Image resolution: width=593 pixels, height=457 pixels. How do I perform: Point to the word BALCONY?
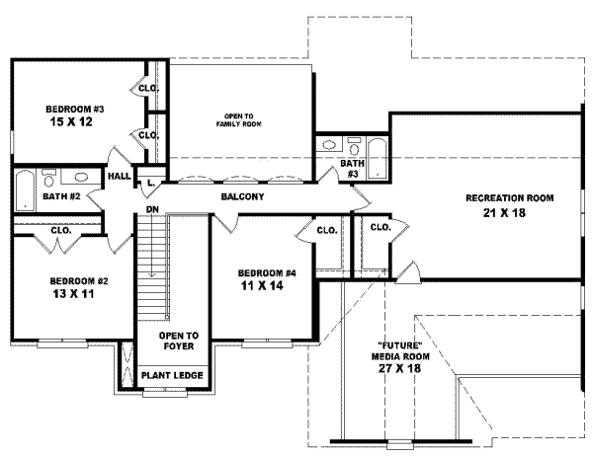[242, 197]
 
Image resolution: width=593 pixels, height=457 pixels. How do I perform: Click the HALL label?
[120, 176]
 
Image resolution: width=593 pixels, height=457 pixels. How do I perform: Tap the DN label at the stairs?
[153, 209]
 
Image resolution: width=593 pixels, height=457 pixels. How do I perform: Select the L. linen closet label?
[150, 182]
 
